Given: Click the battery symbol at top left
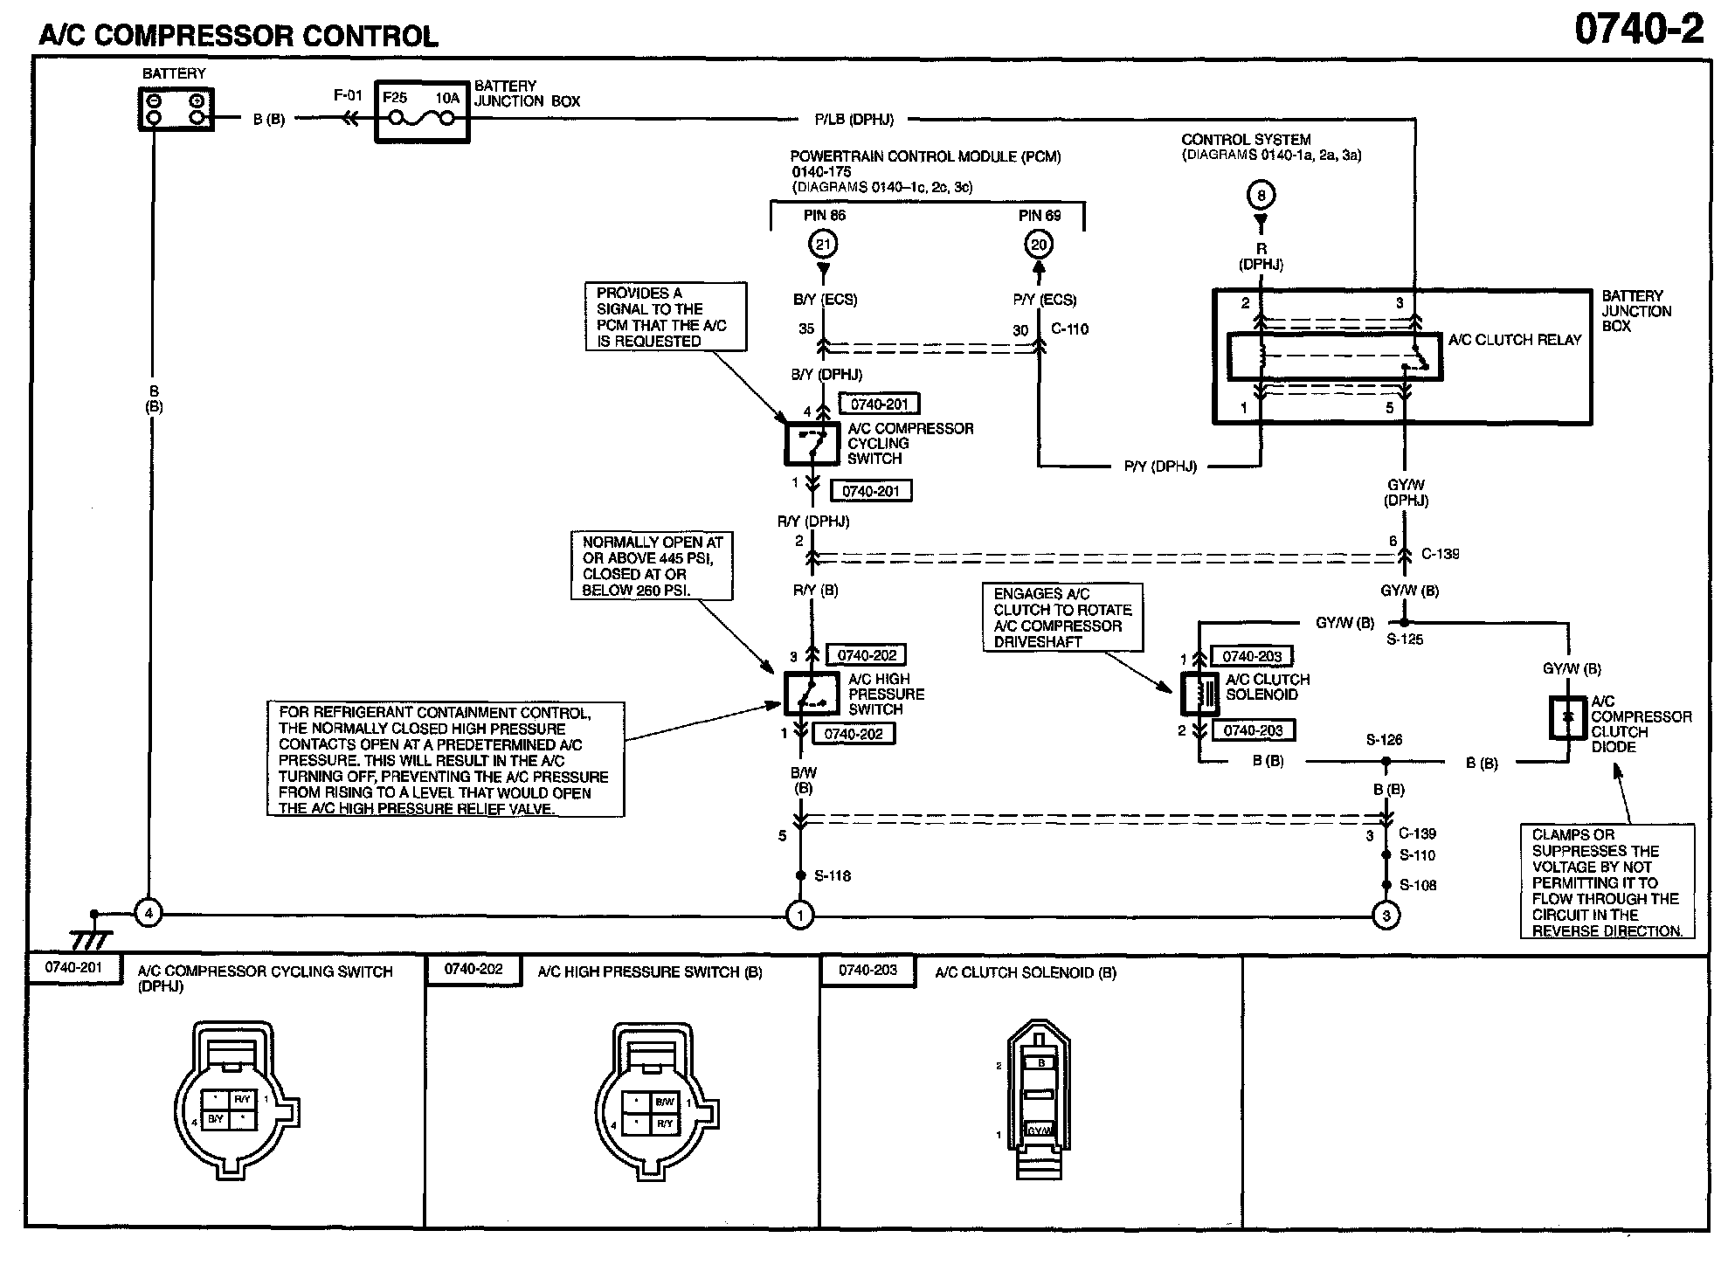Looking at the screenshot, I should point(176,110).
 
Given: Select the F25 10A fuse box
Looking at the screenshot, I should point(422,112).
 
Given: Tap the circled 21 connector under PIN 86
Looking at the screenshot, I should point(823,245).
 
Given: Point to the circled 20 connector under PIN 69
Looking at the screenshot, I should point(1038,245).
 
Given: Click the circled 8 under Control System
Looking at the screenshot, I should point(1261,194).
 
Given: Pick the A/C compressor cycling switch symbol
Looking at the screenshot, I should point(812,444).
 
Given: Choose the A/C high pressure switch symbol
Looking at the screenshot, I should point(812,694).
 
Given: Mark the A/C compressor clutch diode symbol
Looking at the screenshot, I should point(1568,717).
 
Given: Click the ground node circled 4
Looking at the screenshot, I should point(149,915).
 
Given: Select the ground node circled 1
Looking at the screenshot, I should point(800,915).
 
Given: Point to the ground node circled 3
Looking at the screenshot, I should point(1386,915).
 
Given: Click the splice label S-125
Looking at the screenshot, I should point(1405,639).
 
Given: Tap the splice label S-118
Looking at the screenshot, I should point(833,875).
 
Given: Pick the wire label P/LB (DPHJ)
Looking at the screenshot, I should point(854,119).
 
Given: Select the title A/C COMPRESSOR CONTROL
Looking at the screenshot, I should point(238,36).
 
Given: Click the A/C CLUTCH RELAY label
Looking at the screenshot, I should point(1515,340).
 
